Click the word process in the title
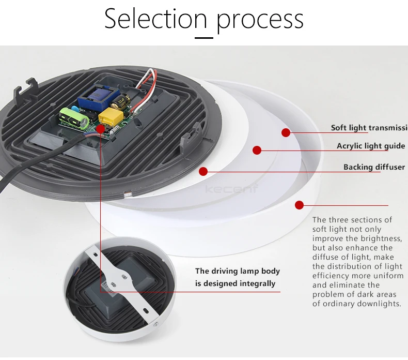click(x=260, y=20)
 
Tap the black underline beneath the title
click(x=203, y=37)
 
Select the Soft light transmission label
click(x=369, y=128)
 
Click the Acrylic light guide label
click(x=371, y=146)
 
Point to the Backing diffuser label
click(x=374, y=167)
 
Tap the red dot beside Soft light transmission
click(x=286, y=132)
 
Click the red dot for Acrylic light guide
click(x=257, y=151)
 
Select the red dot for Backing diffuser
click(x=203, y=171)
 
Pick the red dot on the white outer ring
click(x=299, y=205)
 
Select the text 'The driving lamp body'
click(x=237, y=271)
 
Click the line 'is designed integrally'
click(x=235, y=283)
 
